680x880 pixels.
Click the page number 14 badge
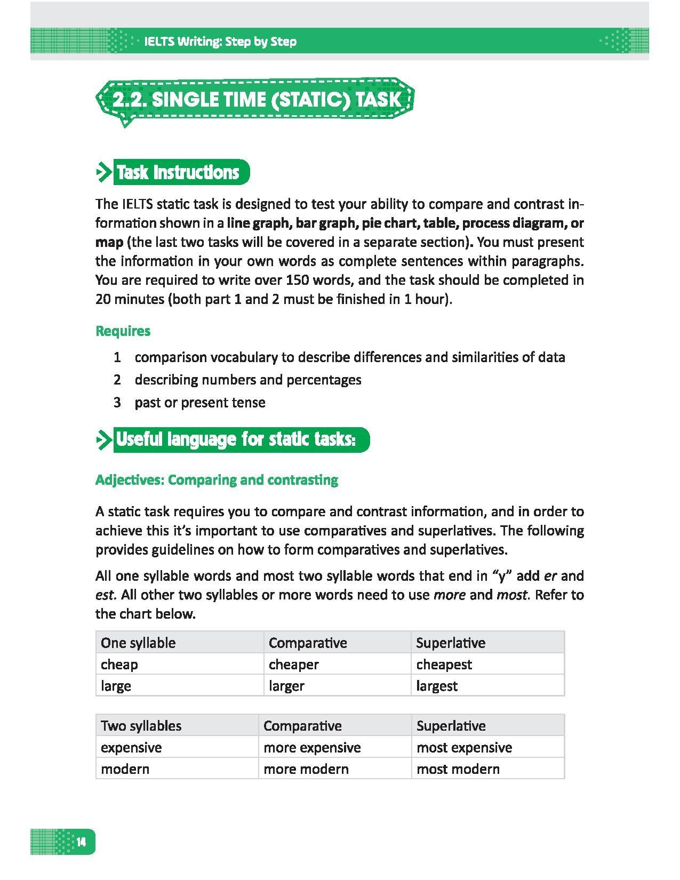[x=81, y=842]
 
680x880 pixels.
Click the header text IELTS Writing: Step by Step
[x=220, y=42]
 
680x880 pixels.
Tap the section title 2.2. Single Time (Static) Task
[x=256, y=100]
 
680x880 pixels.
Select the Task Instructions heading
[x=178, y=172]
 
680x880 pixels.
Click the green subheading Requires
[x=123, y=331]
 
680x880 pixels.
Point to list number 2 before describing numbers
[x=117, y=380]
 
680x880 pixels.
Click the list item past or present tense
[x=200, y=402]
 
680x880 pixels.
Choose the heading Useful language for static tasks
[x=235, y=439]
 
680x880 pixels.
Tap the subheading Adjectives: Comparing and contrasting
[x=217, y=480]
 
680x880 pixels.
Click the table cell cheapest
[x=444, y=665]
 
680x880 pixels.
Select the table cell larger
[x=286, y=686]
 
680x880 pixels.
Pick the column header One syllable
[x=138, y=643]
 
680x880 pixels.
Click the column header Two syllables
[x=141, y=726]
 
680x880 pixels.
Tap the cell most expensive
[x=464, y=748]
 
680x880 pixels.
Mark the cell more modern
[x=306, y=769]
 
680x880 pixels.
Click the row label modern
[x=125, y=769]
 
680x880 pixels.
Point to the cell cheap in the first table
[x=119, y=665]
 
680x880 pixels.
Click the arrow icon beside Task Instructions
[x=102, y=172]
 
